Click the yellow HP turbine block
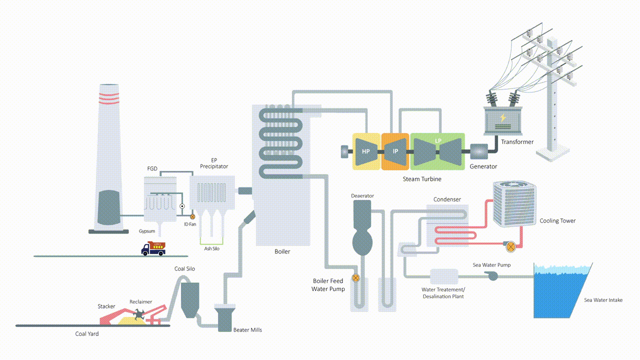pos(366,151)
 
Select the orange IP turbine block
pos(395,151)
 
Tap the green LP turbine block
pos(437,151)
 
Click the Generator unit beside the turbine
pos(479,151)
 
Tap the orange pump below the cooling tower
pos(510,245)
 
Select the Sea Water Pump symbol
pos(493,276)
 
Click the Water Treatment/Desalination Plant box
pos(444,276)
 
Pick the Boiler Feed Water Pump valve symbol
pos(355,277)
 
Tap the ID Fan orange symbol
pos(192,216)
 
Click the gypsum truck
pos(153,248)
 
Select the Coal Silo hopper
pos(190,299)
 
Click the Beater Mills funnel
pos(224,317)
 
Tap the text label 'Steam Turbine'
pos(422,178)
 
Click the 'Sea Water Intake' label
pos(603,300)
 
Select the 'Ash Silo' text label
pos(211,248)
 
